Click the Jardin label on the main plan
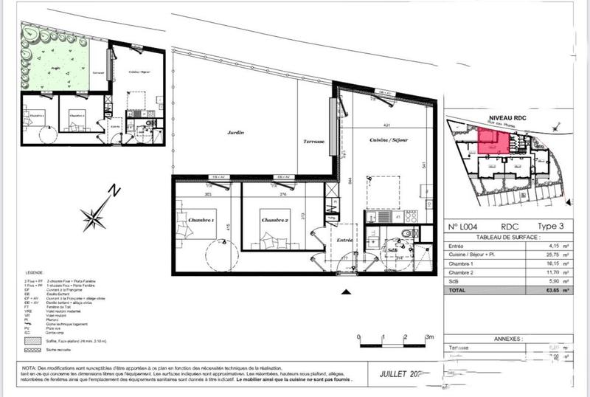point(236,134)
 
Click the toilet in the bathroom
point(405,235)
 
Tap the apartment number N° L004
point(468,226)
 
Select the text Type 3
point(549,226)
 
